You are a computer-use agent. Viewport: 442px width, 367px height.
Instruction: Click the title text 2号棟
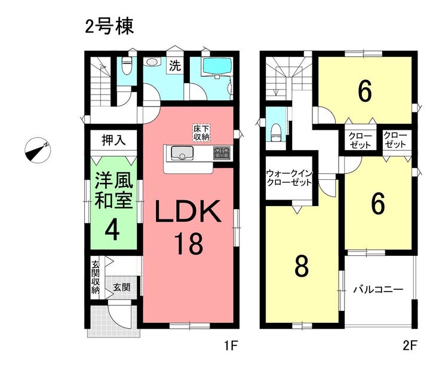(x=109, y=27)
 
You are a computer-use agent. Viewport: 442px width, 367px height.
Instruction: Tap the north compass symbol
(x=38, y=150)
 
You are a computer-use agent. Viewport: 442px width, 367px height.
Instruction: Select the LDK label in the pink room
(x=188, y=212)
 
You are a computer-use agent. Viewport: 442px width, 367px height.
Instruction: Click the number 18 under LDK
(x=189, y=243)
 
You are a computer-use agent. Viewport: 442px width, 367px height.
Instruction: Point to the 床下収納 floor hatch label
(x=201, y=133)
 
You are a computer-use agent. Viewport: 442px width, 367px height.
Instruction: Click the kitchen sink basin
(x=182, y=153)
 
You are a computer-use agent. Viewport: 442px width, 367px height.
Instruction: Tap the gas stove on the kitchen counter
(x=222, y=153)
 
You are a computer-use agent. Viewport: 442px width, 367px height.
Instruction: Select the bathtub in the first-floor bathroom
(x=217, y=66)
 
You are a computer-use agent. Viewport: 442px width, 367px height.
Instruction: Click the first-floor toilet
(x=127, y=66)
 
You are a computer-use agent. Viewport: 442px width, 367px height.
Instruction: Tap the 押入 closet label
(x=113, y=140)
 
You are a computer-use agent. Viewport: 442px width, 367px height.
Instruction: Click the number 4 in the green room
(x=112, y=230)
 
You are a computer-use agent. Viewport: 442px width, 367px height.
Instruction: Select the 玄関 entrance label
(x=122, y=288)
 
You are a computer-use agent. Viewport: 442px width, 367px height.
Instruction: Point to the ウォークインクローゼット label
(x=289, y=178)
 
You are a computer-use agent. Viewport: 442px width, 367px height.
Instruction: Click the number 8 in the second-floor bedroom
(x=302, y=266)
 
